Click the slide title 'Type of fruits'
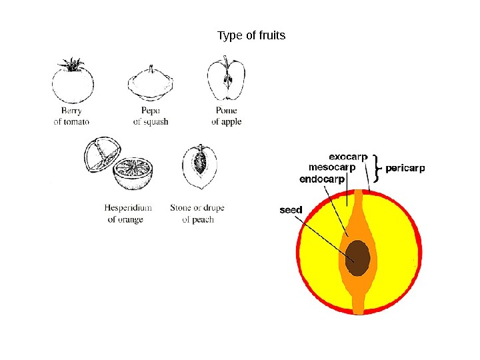coord(251,35)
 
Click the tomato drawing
coord(73,85)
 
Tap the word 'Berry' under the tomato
coord(71,111)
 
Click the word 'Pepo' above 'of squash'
coord(151,111)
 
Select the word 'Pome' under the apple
coord(227,111)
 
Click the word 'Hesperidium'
coord(128,208)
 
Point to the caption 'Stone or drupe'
coord(197,208)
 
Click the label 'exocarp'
coord(348,157)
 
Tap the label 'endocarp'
coord(323,179)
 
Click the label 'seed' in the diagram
coord(291,210)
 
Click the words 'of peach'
coord(198,219)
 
